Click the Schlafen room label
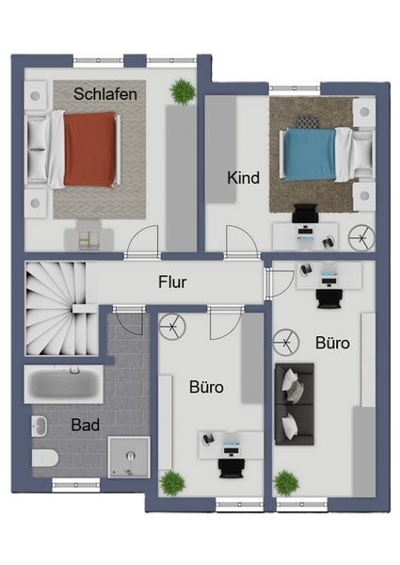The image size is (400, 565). (x=105, y=94)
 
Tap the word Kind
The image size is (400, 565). (x=244, y=178)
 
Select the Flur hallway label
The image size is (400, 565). (x=172, y=282)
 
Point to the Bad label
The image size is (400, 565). (x=86, y=425)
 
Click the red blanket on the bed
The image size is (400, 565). (x=90, y=149)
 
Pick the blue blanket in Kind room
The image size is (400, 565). (x=310, y=155)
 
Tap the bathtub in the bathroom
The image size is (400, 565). (x=64, y=384)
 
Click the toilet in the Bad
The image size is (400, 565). (x=45, y=458)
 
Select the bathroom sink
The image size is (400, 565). (x=40, y=426)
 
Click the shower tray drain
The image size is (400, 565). (x=130, y=456)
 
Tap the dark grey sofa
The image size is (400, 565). (x=295, y=404)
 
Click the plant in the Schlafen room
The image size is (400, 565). (x=183, y=91)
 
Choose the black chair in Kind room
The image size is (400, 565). (x=305, y=214)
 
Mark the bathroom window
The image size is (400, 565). (x=76, y=485)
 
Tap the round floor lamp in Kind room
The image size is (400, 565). (x=361, y=238)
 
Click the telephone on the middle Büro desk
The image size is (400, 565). (x=208, y=438)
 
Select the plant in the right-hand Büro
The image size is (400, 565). (x=286, y=483)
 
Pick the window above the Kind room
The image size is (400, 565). (x=295, y=89)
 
